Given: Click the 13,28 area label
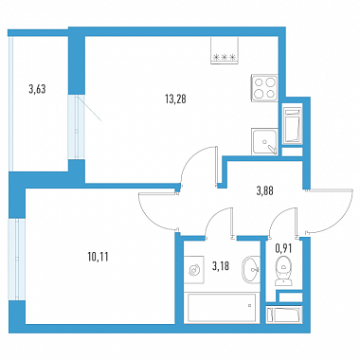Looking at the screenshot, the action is coord(175,99).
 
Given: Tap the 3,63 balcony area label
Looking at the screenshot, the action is coord(37,89).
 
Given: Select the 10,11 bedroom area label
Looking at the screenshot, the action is coord(98,257).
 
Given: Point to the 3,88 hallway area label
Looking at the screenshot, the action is coord(264,190).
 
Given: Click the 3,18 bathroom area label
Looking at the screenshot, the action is coord(221,266).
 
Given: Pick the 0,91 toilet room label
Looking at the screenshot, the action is coord(283,248).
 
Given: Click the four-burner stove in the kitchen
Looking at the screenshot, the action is coord(264,88).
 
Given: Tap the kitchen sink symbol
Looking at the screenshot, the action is coord(264,141).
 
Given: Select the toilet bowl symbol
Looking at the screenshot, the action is coord(283,271).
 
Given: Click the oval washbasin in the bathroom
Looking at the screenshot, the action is coord(251,268).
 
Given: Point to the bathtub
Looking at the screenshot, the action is coord(222,308).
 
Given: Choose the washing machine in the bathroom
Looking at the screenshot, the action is coord(193,269).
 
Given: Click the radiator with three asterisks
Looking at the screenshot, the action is coord(225,50).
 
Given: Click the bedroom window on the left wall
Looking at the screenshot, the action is coord(17,260).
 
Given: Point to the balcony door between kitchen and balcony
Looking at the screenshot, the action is coord(76,127).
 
